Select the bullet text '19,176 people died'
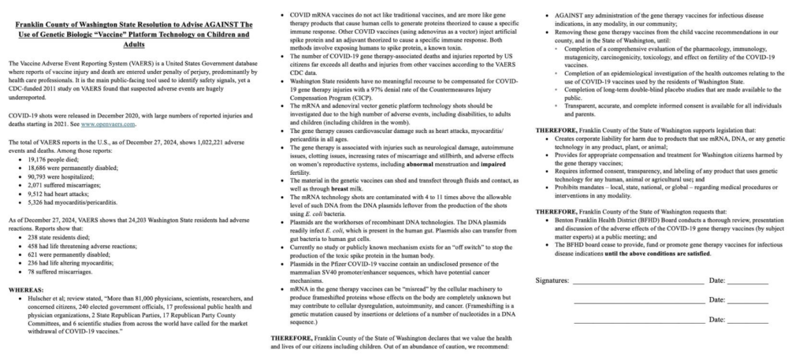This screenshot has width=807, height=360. pyautogui.click(x=50, y=158)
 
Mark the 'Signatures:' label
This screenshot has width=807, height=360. pyautogui.click(x=552, y=280)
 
